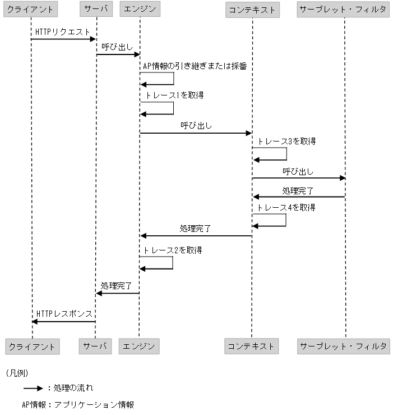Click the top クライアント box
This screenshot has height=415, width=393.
(x=31, y=10)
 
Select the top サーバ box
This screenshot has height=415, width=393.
(x=96, y=10)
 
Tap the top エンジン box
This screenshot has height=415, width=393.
(x=140, y=10)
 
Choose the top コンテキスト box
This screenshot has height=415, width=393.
(x=252, y=10)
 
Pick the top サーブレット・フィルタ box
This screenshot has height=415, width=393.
(x=343, y=10)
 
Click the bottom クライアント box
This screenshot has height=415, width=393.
(x=31, y=346)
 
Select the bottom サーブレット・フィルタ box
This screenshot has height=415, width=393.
(x=343, y=346)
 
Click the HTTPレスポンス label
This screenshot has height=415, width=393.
(x=64, y=313)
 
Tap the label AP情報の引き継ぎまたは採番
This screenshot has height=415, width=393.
(x=195, y=66)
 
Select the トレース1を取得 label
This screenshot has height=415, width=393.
(x=174, y=95)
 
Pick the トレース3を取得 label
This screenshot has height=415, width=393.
(x=286, y=141)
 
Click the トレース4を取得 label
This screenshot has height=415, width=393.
(x=286, y=208)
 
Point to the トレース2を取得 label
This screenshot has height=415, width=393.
(x=173, y=250)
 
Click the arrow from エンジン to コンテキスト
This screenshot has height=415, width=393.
(x=196, y=133)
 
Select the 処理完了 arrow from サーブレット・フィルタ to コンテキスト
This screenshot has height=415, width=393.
(x=298, y=197)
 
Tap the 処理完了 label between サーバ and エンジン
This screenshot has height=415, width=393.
(x=116, y=286)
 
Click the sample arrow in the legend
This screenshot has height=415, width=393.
(x=33, y=388)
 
